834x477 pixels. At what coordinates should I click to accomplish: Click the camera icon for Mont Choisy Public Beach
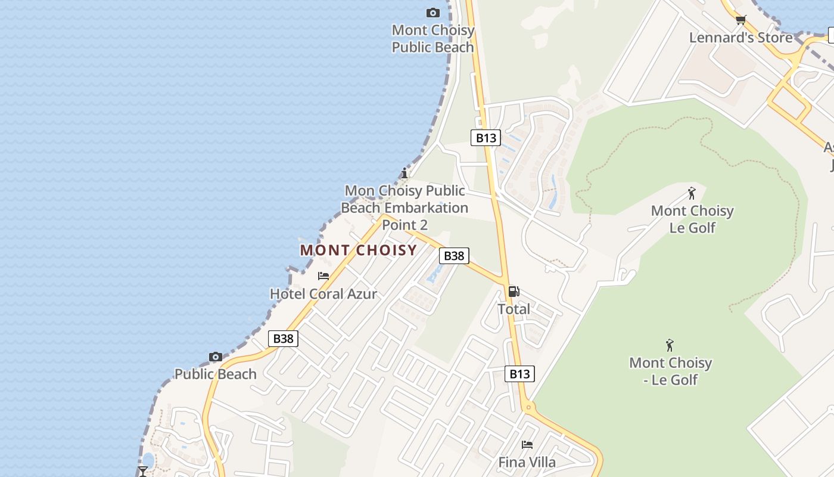[x=433, y=13]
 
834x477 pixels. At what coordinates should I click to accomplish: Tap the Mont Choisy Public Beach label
[x=433, y=38]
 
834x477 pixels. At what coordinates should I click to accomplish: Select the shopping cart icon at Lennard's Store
[x=740, y=20]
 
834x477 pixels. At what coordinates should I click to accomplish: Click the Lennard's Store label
[x=740, y=38]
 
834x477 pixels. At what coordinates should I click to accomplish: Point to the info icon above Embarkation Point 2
[x=404, y=174]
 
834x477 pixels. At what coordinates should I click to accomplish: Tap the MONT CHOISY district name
[x=358, y=250]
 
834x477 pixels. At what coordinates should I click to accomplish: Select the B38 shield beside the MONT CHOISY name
[x=454, y=256]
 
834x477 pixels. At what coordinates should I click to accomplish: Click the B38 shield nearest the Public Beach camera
[x=283, y=339]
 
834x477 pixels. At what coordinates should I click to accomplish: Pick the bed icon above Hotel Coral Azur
[x=323, y=276]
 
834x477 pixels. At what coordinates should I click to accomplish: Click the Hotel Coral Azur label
[x=323, y=293]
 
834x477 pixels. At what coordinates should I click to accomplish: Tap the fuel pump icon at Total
[x=514, y=292]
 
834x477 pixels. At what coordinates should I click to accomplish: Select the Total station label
[x=514, y=309]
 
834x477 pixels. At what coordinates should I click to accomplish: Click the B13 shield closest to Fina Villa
[x=519, y=374]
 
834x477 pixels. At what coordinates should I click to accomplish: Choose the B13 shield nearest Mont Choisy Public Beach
[x=486, y=138]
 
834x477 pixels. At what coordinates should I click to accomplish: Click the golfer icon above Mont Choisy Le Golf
[x=692, y=193]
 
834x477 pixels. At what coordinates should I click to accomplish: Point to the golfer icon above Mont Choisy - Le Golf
[x=670, y=345]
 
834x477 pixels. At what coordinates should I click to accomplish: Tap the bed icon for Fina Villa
[x=527, y=445]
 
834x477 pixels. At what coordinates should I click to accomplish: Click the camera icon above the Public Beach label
[x=216, y=357]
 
